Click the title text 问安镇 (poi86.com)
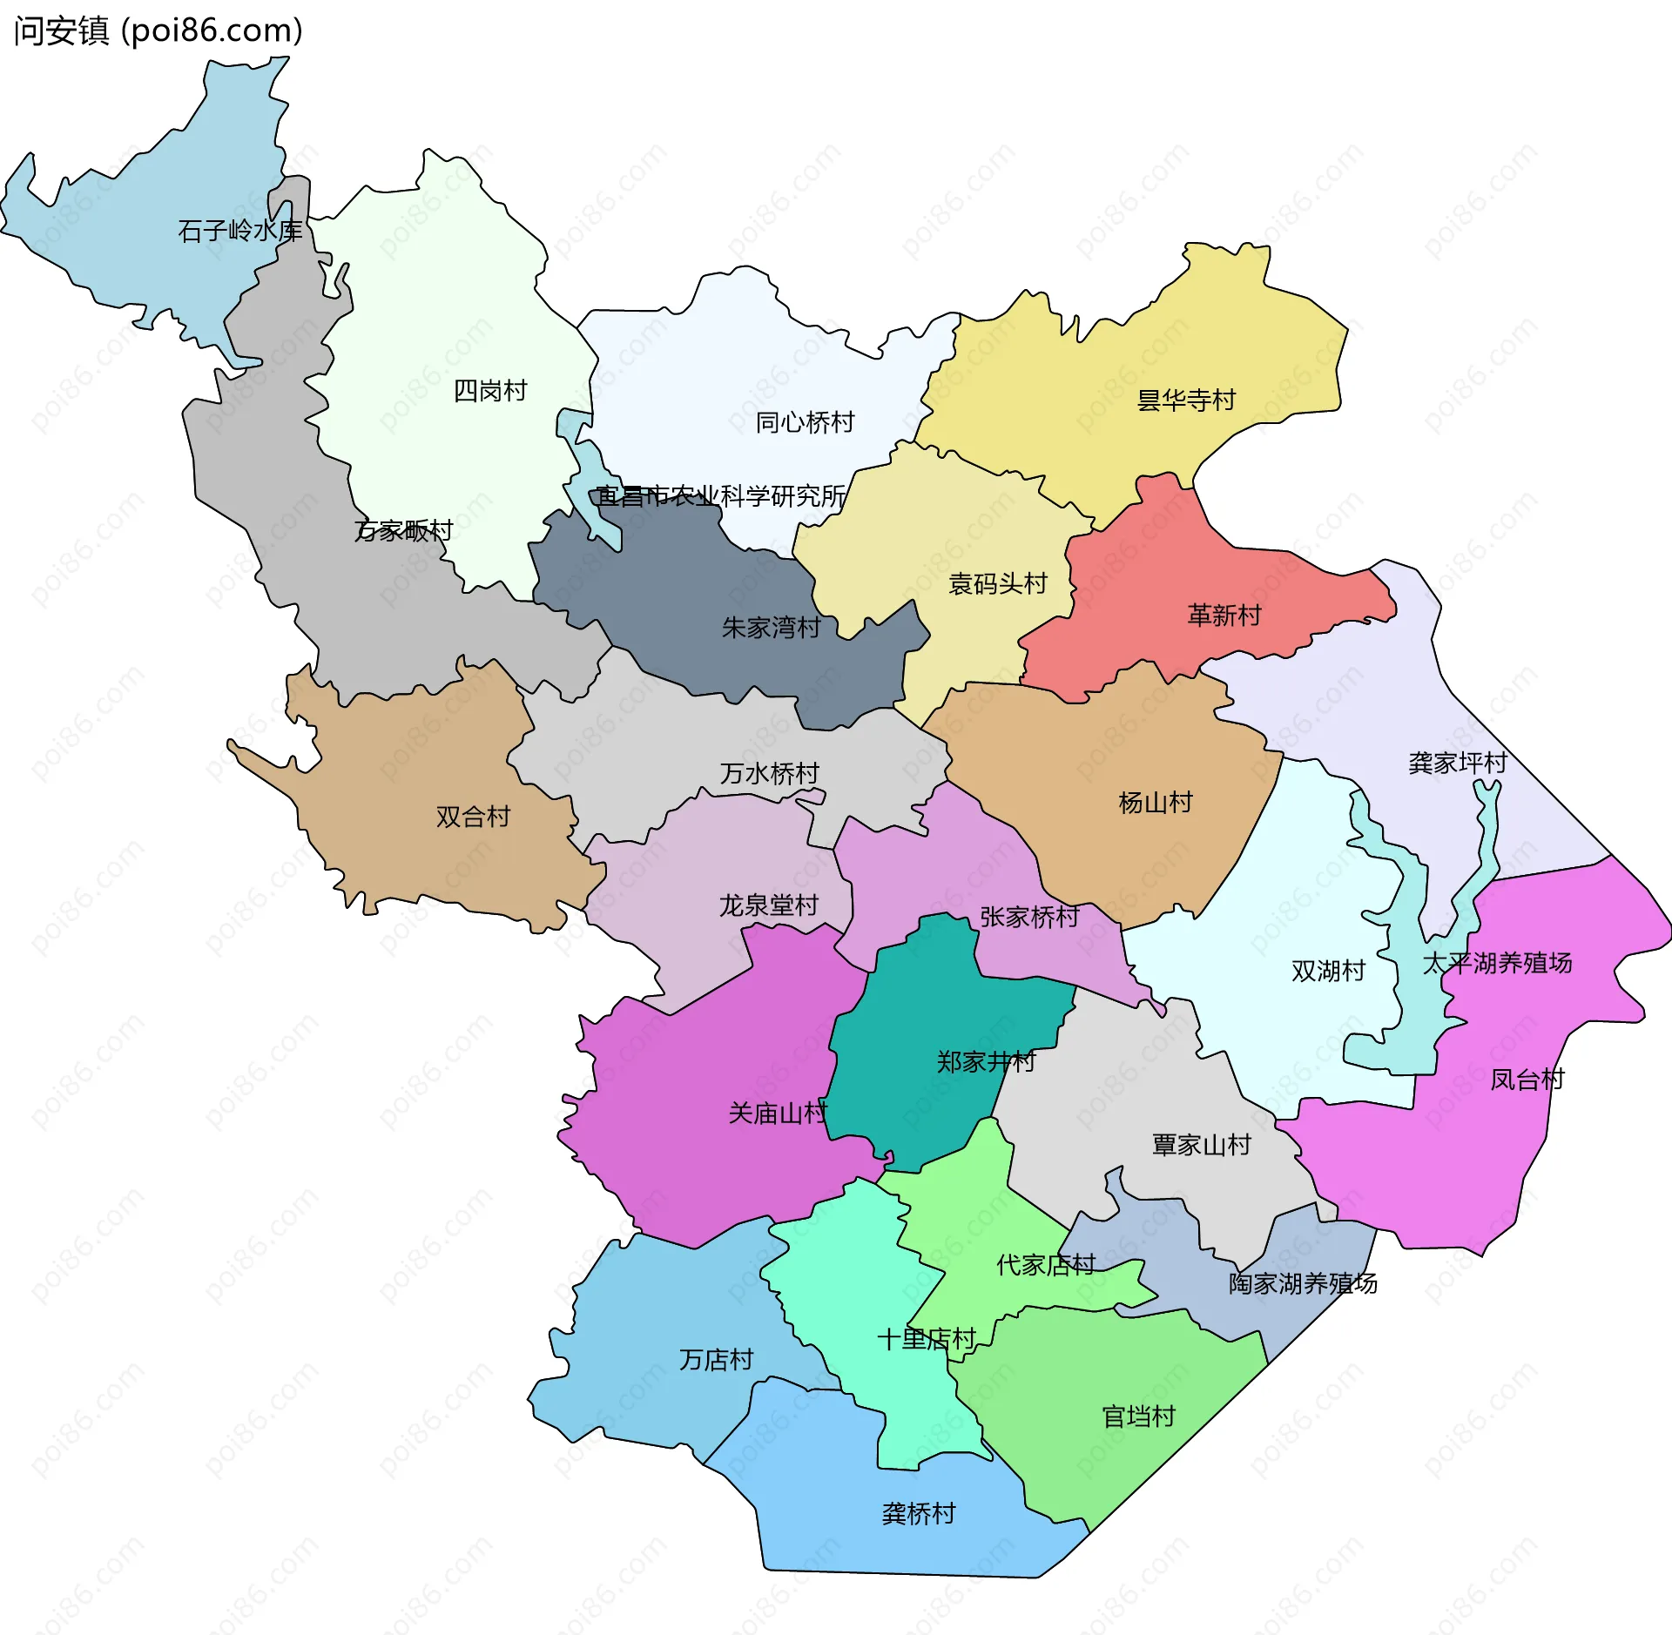[158, 31]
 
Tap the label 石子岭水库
[239, 231]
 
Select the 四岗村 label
[490, 391]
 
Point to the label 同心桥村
[805, 423]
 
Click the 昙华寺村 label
[1186, 400]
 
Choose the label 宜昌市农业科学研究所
[721, 496]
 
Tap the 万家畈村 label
[403, 530]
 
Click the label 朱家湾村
[771, 628]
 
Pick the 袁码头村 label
[997, 584]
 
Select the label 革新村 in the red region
[1224, 616]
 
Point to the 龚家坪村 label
[1457, 764]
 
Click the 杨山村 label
[1155, 803]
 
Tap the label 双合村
[473, 817]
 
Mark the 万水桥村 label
[769, 774]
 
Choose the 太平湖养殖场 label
[1497, 964]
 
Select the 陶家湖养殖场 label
[1303, 1284]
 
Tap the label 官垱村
[1138, 1417]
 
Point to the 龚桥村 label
[918, 1514]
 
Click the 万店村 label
[716, 1360]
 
